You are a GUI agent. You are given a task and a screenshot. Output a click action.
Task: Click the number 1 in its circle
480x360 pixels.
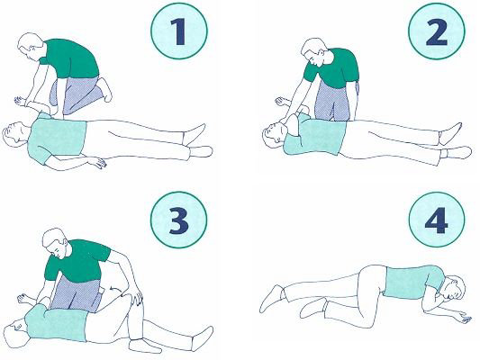click(x=178, y=31)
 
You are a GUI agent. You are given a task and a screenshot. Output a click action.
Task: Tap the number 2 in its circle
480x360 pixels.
click(x=437, y=31)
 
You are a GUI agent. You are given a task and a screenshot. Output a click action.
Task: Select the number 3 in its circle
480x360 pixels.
click(x=178, y=220)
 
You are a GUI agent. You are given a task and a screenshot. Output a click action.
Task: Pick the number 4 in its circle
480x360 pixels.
click(x=436, y=220)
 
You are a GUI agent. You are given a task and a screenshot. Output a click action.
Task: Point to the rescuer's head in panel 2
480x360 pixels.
click(x=314, y=51)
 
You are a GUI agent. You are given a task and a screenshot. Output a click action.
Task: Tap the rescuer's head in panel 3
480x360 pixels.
click(x=55, y=243)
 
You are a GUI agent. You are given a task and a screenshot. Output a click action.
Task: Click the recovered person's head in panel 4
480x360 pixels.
click(x=452, y=287)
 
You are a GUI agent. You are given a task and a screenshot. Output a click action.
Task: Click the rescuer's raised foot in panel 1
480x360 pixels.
click(x=105, y=89)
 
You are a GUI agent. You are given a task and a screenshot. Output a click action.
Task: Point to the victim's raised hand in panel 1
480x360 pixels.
click(x=20, y=101)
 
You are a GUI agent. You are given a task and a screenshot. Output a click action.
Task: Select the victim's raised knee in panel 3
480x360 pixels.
click(x=134, y=297)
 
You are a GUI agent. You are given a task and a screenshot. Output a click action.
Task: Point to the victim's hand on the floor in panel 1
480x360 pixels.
click(x=98, y=162)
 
